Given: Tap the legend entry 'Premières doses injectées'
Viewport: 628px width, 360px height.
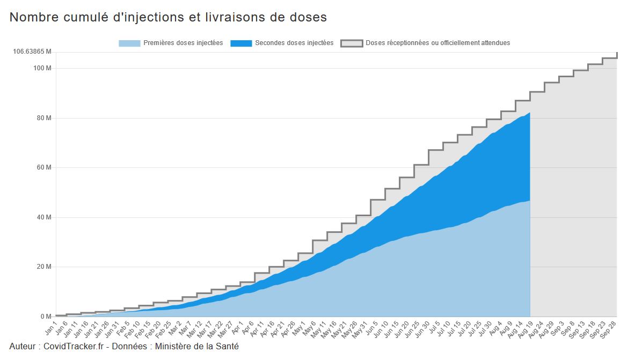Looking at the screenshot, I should click(183, 43).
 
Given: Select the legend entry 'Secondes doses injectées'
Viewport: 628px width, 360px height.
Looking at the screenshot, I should click(294, 43).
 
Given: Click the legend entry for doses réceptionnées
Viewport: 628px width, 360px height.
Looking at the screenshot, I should click(438, 43).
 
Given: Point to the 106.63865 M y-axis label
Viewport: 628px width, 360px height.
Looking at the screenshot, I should click(32, 52).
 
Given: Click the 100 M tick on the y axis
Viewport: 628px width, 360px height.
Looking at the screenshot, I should click(42, 68).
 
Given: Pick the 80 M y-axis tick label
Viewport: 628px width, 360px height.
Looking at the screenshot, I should click(43, 118).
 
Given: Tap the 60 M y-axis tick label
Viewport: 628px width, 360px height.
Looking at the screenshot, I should click(43, 167).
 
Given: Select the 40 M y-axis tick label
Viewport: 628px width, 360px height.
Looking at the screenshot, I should click(43, 217).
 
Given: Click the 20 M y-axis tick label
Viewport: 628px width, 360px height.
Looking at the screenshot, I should click(43, 267).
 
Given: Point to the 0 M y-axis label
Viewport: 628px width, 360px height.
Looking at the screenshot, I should click(46, 317).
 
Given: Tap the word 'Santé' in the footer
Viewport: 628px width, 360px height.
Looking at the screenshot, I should click(227, 347).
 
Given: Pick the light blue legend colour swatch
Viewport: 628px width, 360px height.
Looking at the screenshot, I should click(129, 43).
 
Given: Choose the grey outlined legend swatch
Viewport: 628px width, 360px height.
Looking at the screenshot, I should click(352, 43).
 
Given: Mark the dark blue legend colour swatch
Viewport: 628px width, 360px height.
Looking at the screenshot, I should click(241, 43).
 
